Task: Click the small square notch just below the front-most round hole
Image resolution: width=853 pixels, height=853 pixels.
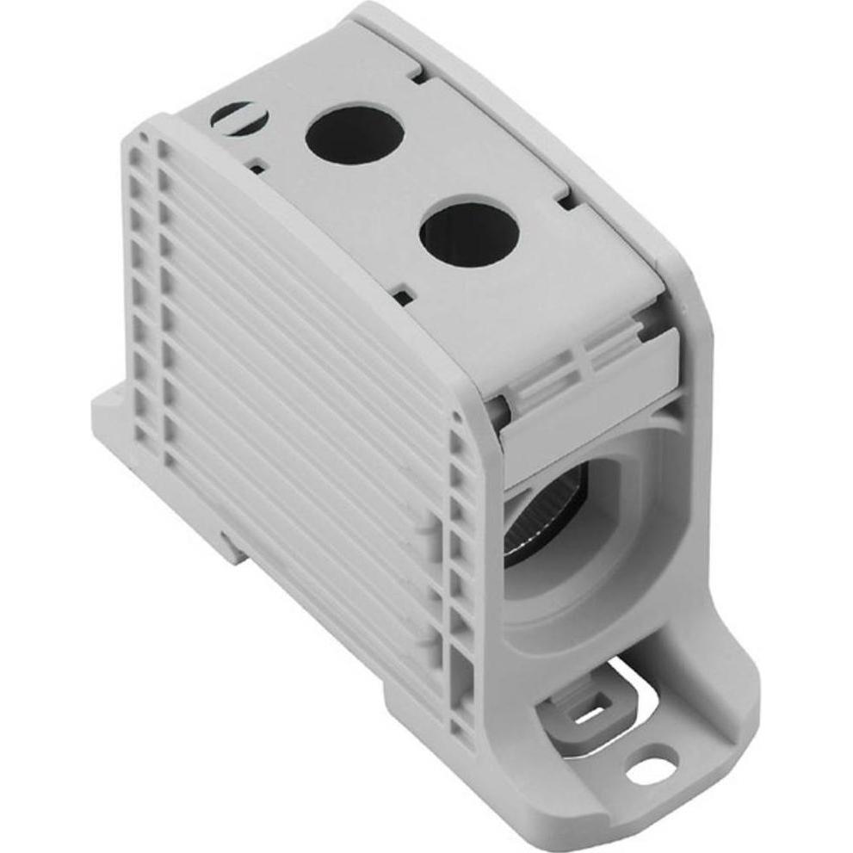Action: (x=403, y=298)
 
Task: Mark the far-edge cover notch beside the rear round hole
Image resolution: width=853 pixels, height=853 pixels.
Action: (x=417, y=76)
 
